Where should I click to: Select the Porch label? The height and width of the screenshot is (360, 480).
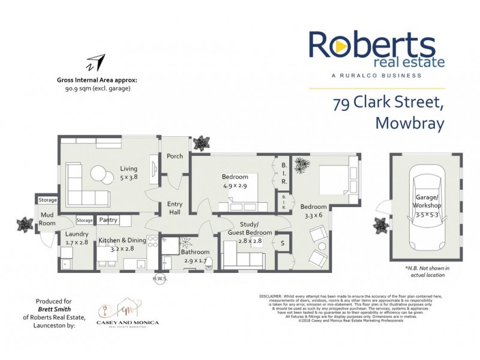[175, 157]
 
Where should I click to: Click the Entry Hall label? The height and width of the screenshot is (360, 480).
[175, 208]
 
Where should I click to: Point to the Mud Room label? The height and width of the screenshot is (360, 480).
[47, 219]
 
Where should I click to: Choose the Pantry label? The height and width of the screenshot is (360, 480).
[109, 220]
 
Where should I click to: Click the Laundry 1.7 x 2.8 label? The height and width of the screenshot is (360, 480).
[76, 238]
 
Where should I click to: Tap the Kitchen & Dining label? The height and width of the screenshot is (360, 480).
[122, 244]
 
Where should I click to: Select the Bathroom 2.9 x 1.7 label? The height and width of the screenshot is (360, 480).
[194, 256]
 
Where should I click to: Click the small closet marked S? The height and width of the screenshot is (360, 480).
[282, 243]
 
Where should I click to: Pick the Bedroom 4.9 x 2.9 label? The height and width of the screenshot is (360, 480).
[235, 181]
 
